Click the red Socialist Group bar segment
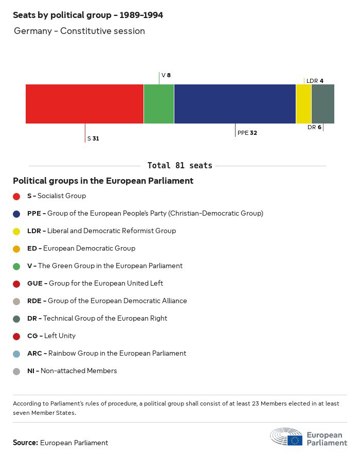click(84, 104)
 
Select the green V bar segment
click(159, 104)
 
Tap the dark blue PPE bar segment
click(235, 104)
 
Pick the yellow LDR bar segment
click(304, 104)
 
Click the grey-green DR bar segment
click(323, 104)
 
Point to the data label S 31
click(93, 138)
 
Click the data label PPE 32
click(247, 133)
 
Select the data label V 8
click(166, 75)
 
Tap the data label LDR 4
click(315, 81)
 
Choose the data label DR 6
click(314, 127)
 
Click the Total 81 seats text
click(179, 166)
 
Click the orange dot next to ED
click(16, 249)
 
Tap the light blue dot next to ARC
click(16, 354)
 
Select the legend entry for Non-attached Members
click(72, 371)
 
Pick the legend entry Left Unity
click(51, 336)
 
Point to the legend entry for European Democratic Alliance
click(107, 301)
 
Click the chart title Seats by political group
click(88, 15)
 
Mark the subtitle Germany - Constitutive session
click(79, 31)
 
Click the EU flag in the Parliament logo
click(295, 440)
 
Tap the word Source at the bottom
click(25, 443)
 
